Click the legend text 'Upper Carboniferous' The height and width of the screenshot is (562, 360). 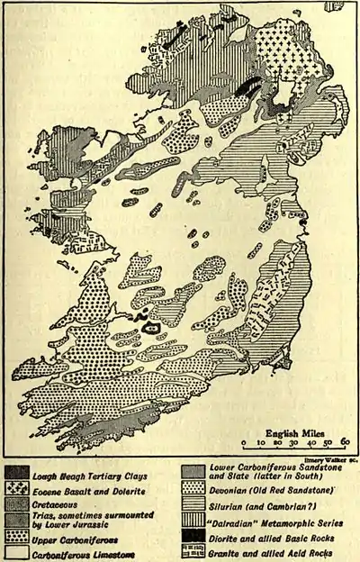click(x=75, y=539)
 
